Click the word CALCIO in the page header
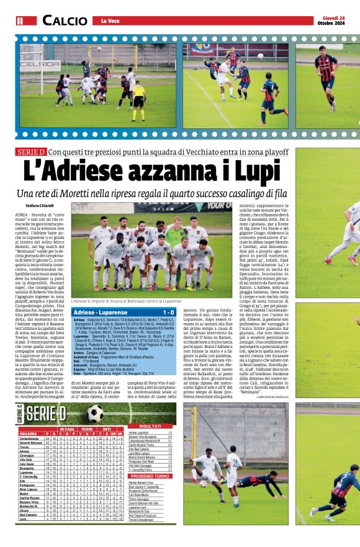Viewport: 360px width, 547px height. click(64, 20)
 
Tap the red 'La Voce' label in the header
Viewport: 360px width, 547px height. click(109, 21)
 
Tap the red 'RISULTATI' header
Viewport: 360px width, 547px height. click(150, 426)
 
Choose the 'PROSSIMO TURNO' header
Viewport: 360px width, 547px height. click(150, 476)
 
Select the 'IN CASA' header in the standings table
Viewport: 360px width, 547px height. click(66, 429)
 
